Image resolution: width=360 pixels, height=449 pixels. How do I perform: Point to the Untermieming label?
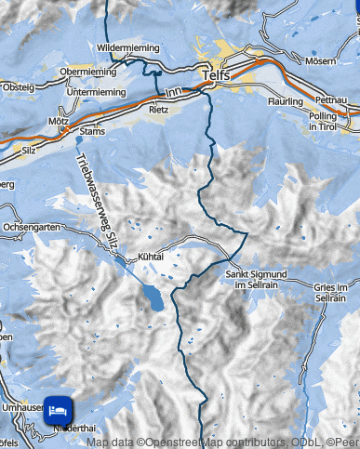pos(97,91)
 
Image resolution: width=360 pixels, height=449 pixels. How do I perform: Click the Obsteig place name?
pos(18,87)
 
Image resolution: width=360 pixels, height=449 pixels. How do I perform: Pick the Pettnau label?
pos(331,99)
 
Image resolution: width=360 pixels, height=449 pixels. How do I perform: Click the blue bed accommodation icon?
pos(58,408)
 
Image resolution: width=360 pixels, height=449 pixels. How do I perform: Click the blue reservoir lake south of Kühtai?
pos(150,298)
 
